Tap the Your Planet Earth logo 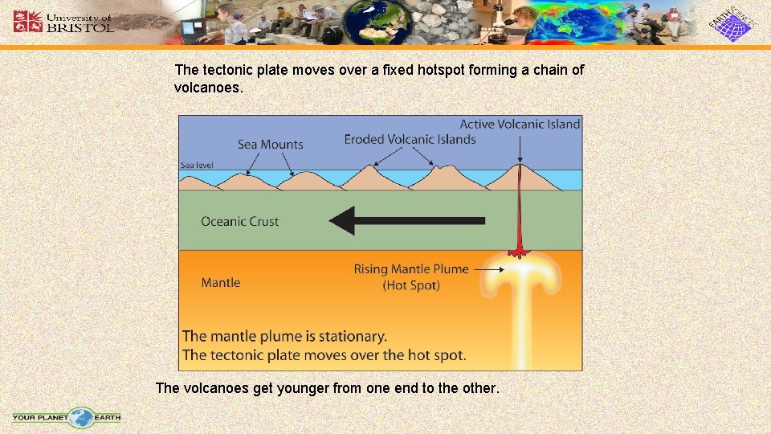pyautogui.click(x=67, y=417)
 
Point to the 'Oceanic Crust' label pyautogui.click(x=240, y=222)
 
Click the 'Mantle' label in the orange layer pyautogui.click(x=221, y=282)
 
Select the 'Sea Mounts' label pyautogui.click(x=271, y=145)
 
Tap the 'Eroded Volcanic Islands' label pyautogui.click(x=410, y=139)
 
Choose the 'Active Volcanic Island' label pyautogui.click(x=520, y=124)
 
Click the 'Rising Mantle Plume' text pyautogui.click(x=411, y=269)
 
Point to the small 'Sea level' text pyautogui.click(x=197, y=165)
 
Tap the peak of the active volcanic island pyautogui.click(x=521, y=165)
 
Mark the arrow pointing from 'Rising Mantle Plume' pyautogui.click(x=488, y=269)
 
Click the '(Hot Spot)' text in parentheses pyautogui.click(x=411, y=285)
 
